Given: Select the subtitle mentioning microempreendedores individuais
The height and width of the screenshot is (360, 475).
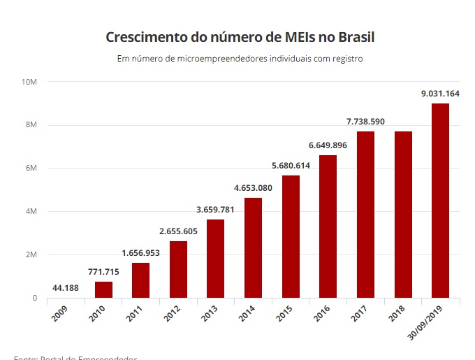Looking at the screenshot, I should click(x=240, y=59).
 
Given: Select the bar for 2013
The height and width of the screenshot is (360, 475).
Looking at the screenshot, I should click(x=216, y=259).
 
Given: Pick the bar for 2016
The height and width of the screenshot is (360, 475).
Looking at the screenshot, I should click(x=328, y=227).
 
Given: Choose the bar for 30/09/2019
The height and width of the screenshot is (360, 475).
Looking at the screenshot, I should click(x=441, y=201).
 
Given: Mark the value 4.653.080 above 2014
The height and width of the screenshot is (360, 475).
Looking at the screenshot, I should click(x=253, y=188).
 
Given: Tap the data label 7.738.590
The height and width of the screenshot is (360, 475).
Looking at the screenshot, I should click(x=365, y=122).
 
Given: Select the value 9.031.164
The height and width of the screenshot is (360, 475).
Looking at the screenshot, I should click(x=440, y=94).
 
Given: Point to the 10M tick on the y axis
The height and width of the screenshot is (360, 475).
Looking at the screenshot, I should click(x=29, y=82).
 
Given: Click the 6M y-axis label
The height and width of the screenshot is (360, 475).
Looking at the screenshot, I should click(x=32, y=168).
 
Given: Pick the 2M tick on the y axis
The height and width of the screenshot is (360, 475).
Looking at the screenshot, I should click(x=32, y=255).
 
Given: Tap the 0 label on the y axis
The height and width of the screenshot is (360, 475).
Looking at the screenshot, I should click(x=34, y=298).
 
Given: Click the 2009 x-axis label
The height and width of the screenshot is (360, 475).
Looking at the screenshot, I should click(x=59, y=315).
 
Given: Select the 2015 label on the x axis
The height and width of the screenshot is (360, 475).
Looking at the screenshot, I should click(x=284, y=315).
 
